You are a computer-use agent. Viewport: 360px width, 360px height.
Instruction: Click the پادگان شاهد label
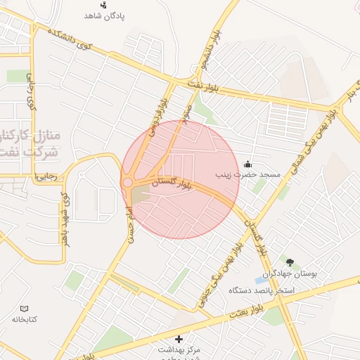coord(104,16)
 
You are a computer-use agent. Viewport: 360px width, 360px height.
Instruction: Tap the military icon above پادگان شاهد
coord(104,6)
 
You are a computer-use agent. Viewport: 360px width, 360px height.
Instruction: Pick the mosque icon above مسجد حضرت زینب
coord(247,163)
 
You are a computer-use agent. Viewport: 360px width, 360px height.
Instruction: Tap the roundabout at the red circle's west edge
coord(128,184)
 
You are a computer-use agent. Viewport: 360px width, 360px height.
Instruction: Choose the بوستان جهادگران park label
coord(290,274)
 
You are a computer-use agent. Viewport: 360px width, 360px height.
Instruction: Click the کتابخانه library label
coord(24,319)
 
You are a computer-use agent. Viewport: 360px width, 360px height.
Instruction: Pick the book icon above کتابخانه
coord(25,309)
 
